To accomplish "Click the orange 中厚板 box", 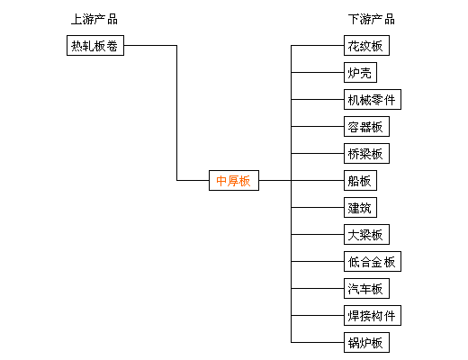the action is coord(234,180).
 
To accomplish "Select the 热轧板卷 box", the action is coord(95,45).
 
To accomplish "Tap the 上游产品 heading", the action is coord(94,19).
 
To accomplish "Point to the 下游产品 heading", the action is coord(372,19).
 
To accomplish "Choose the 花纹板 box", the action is coord(366,45).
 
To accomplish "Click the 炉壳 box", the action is coord(360,72).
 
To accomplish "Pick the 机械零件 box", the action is coord(373,99).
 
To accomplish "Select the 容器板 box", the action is coord(366,126).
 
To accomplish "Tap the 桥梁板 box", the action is coord(366,153).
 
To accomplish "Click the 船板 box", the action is coord(360,180).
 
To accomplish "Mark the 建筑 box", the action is coord(360,207).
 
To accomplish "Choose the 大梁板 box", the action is coord(366,234).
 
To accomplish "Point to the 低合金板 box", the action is coord(373,261).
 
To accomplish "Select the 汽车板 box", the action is coord(366,288).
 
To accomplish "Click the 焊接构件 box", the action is coord(373,315).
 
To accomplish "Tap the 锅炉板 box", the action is coord(366,342).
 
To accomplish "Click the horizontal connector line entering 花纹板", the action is coord(318,45).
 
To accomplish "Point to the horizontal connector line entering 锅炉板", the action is coord(318,342).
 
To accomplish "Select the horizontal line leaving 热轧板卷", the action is coord(150,45).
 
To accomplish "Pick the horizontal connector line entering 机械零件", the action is coord(318,99).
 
